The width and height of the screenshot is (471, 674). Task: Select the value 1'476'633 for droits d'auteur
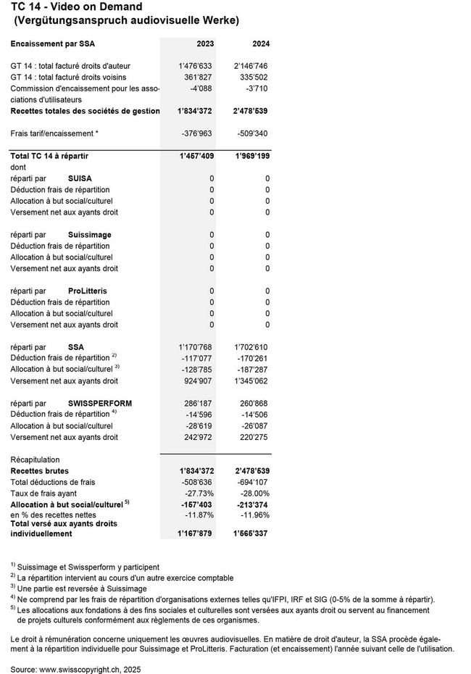click(196, 66)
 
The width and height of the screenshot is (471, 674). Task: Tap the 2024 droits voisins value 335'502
click(253, 77)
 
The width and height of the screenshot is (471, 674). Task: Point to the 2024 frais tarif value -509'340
click(254, 133)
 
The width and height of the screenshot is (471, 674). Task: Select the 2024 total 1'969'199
click(251, 156)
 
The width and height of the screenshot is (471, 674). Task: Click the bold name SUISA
click(80, 178)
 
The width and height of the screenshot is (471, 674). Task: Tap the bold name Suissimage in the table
click(89, 235)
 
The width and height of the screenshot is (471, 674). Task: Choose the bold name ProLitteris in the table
click(87, 291)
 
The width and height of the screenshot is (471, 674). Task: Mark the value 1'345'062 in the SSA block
click(252, 380)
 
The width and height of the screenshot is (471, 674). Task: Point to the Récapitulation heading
click(35, 459)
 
